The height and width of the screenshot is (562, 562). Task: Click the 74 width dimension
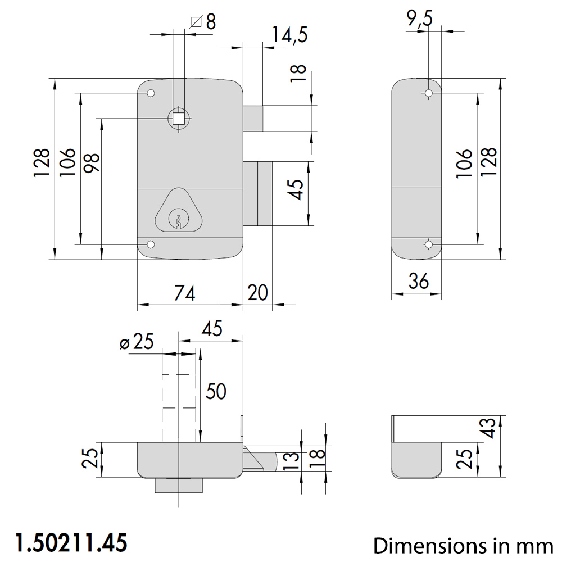point(184,293)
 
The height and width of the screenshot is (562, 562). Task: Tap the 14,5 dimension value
point(289,35)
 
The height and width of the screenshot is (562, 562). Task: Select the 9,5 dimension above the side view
point(420,18)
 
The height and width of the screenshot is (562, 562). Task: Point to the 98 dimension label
point(92,163)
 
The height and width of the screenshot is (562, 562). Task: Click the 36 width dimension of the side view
point(419,281)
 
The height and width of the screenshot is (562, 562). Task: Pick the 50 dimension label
point(216,391)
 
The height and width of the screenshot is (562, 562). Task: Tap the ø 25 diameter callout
point(137,341)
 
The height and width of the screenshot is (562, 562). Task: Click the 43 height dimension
point(490,428)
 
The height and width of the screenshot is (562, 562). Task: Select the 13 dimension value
point(291,461)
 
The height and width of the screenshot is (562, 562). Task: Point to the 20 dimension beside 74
point(258,293)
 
